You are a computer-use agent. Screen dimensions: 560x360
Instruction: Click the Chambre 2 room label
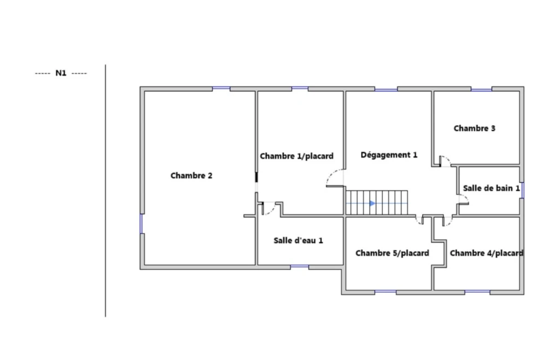(191, 176)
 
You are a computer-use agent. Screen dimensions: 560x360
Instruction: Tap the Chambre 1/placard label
(296, 156)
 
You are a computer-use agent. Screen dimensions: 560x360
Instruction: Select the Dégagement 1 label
(389, 155)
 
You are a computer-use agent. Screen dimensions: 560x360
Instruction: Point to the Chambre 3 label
(474, 128)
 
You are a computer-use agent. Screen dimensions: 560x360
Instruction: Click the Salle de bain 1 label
(492, 188)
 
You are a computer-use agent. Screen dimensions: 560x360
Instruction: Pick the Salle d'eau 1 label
(298, 240)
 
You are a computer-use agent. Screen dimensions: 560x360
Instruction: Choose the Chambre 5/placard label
(392, 253)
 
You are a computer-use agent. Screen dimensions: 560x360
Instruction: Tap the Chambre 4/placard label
(486, 253)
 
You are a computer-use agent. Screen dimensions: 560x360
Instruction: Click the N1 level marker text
(61, 73)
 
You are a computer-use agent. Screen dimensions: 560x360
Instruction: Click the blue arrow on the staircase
(372, 203)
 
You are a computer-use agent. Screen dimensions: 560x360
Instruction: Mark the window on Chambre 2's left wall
(142, 224)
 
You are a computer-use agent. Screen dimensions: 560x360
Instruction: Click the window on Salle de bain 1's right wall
(522, 190)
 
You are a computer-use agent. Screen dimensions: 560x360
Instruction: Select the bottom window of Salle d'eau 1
(300, 267)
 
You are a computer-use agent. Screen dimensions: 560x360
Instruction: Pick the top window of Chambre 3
(481, 89)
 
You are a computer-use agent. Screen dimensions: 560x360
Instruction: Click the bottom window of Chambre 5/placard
(386, 292)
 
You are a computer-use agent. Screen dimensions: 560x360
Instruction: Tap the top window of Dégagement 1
(386, 89)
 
